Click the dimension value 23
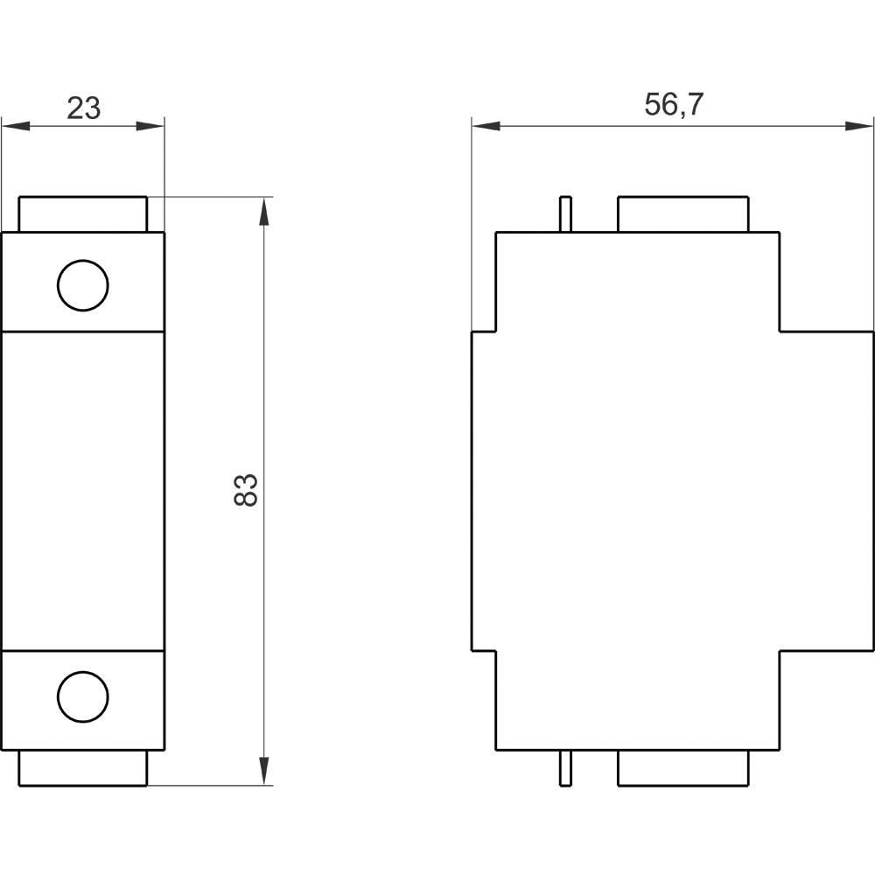point(84,108)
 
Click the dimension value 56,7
point(673,104)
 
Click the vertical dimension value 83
point(247,490)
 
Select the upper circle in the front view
point(83,285)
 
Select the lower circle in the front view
point(83,696)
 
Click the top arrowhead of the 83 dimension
point(264,211)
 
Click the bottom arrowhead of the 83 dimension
point(264,771)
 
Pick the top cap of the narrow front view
point(83,214)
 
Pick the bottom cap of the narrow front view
point(83,768)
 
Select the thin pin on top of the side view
point(565,214)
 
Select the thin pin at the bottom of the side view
point(565,768)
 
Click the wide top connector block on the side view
point(682,214)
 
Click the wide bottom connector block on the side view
point(682,768)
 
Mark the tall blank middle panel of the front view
point(83,490)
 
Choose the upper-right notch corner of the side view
point(780,332)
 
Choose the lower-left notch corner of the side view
point(496,651)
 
